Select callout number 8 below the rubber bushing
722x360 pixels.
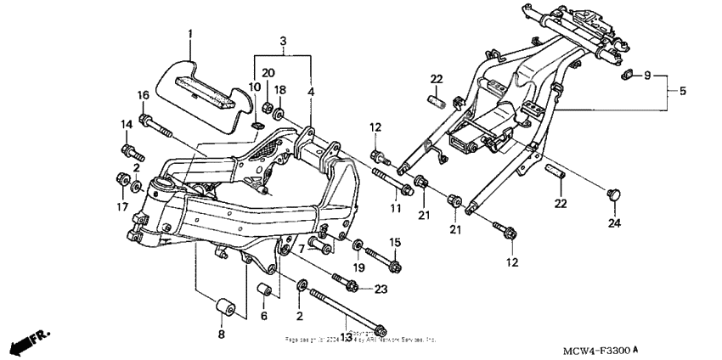(223, 335)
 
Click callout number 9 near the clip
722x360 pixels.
(647, 76)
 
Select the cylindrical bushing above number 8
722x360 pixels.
(225, 307)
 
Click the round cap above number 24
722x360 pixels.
(611, 196)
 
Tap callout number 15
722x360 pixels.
(393, 243)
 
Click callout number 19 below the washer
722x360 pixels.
(358, 267)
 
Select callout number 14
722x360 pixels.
(127, 125)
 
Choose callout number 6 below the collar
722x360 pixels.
(263, 316)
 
